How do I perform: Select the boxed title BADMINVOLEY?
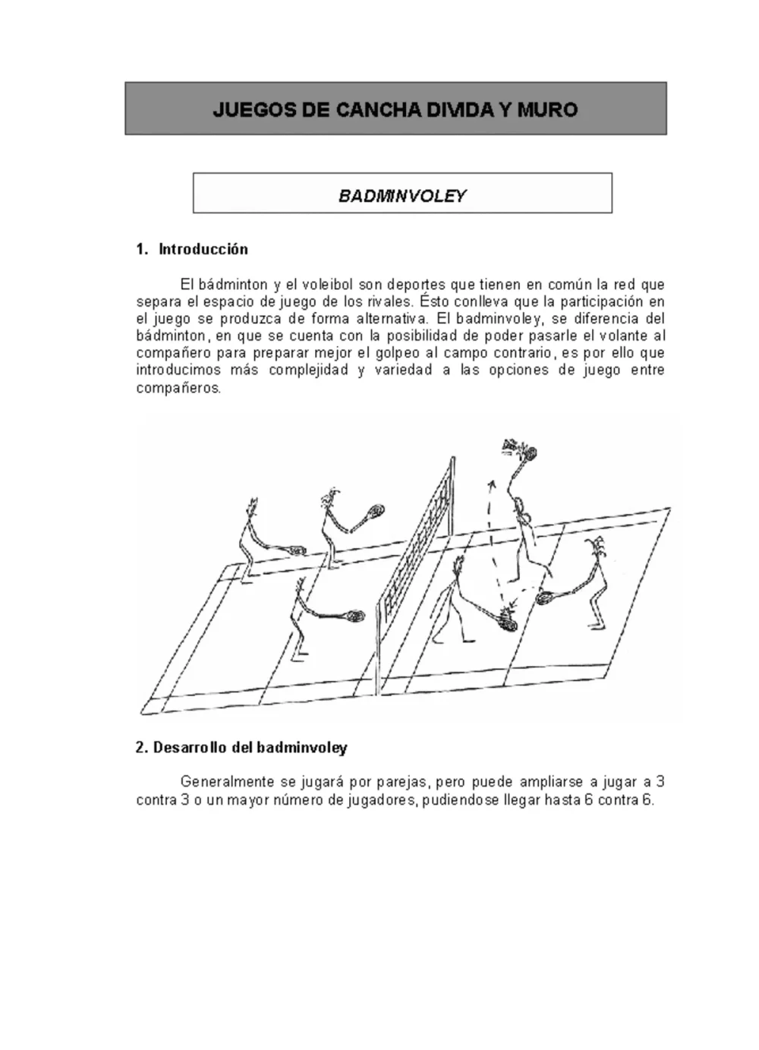pos(402,195)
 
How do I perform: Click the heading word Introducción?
pos(203,249)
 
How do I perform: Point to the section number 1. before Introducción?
pos(143,249)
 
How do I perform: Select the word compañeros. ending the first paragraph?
pos(178,388)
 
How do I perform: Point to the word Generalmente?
pos(226,782)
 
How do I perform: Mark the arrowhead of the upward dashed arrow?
pos(492,484)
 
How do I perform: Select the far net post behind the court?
pos(452,496)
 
